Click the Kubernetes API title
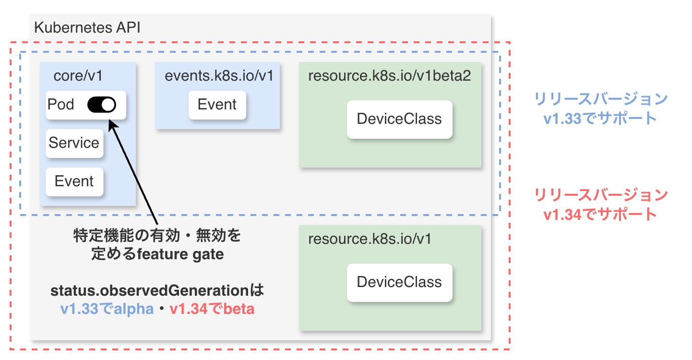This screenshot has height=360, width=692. (87, 27)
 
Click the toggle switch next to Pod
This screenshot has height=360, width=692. (102, 105)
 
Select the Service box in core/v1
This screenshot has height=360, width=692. (74, 143)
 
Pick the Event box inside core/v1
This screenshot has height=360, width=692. (74, 181)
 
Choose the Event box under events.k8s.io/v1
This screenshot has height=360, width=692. (217, 105)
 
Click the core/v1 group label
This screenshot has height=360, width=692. (78, 76)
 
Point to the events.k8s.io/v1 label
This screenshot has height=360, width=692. (219, 76)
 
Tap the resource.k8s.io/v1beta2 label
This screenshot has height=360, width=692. (389, 76)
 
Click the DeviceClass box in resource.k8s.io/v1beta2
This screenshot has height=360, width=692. (399, 119)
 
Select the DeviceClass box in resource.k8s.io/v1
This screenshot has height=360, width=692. (399, 282)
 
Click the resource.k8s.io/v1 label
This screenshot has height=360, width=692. (370, 239)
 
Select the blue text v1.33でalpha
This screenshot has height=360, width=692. (107, 310)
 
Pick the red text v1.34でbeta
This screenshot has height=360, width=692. (212, 310)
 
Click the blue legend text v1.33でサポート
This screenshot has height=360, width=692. (600, 118)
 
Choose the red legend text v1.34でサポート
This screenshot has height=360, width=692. (600, 214)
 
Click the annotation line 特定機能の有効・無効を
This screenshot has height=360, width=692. (157, 236)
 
